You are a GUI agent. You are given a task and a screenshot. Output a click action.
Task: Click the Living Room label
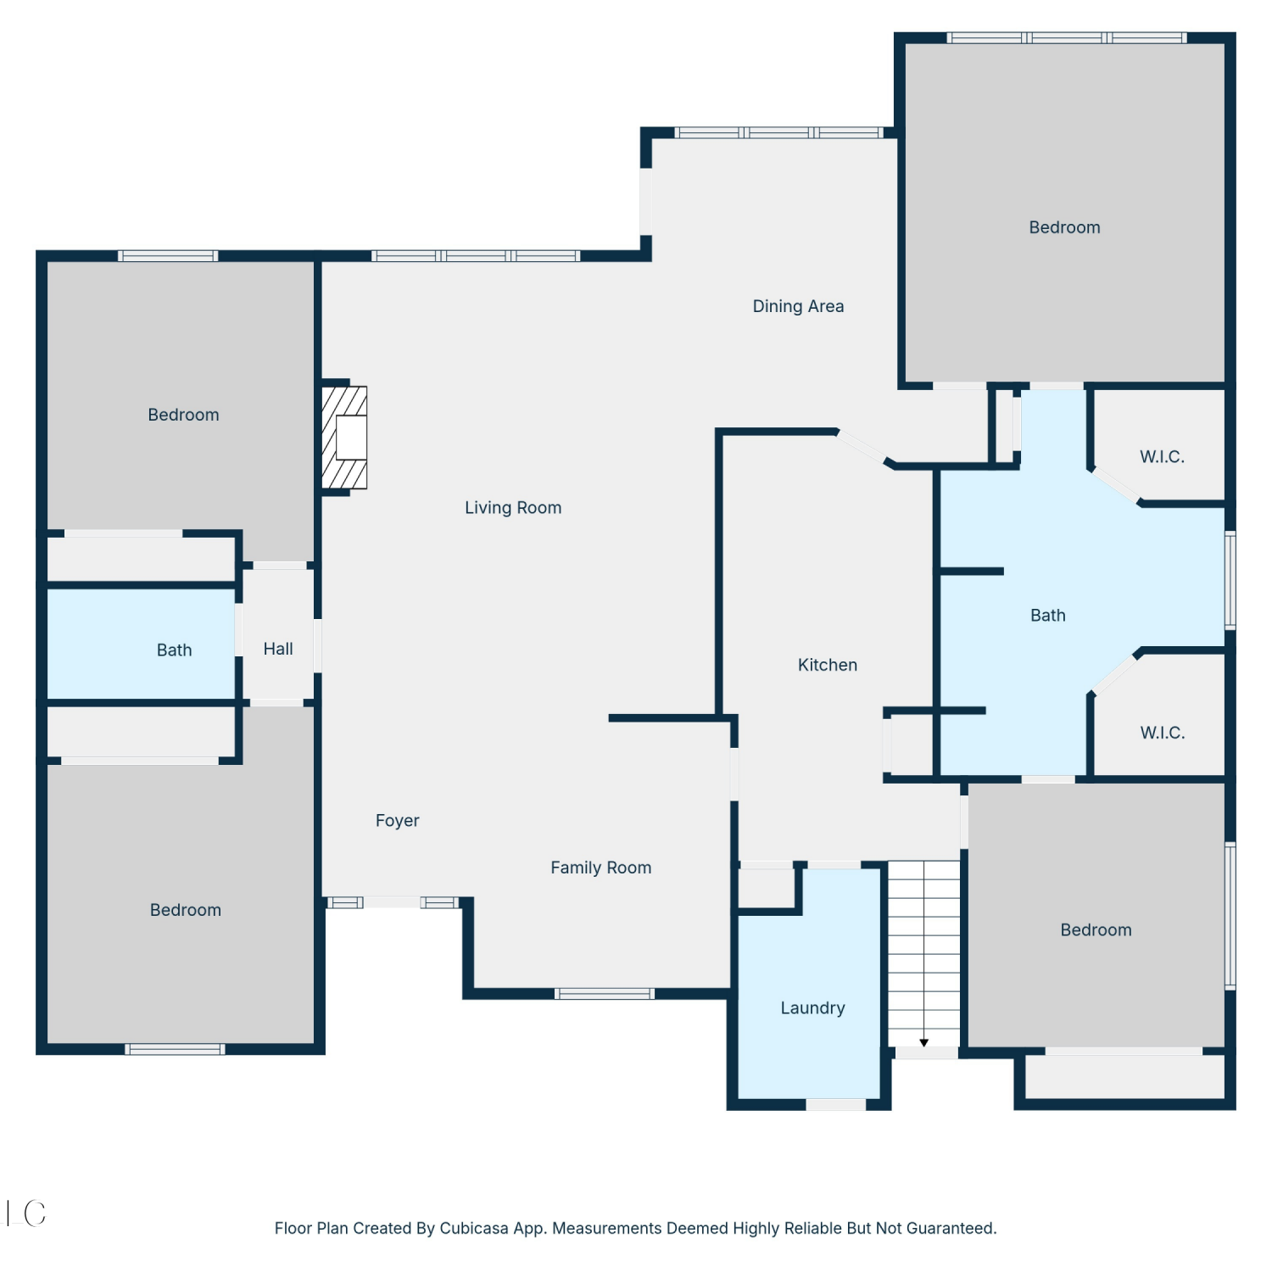tap(513, 507)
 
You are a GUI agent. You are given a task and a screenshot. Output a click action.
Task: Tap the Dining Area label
tap(798, 306)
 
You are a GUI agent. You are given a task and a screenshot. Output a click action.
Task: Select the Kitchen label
tap(828, 665)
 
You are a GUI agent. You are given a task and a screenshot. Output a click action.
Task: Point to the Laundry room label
tap(812, 1007)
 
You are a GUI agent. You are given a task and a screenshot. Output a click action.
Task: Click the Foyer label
tap(398, 820)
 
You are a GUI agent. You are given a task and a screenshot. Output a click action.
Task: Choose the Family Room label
tap(601, 868)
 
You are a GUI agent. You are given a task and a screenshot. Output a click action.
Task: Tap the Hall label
tap(278, 649)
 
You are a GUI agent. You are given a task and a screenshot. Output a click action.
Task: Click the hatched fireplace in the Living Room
tap(344, 438)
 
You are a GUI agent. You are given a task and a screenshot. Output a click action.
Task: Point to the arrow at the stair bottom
tap(924, 1042)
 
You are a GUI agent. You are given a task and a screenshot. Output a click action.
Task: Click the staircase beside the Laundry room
tap(923, 954)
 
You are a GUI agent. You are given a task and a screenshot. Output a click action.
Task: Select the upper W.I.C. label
tap(1162, 456)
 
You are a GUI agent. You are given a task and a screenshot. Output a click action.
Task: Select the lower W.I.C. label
tap(1162, 733)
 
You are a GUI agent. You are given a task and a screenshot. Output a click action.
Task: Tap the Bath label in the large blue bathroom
tap(1048, 616)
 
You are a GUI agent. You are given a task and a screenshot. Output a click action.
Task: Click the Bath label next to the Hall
tap(175, 650)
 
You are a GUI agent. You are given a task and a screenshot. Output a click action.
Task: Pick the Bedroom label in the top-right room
tap(1064, 227)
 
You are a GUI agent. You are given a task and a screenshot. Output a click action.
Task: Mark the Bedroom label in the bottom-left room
tap(186, 910)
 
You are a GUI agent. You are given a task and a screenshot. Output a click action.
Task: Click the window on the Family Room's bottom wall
tap(605, 993)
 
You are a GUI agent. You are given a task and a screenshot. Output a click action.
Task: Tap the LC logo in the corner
tap(25, 1213)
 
